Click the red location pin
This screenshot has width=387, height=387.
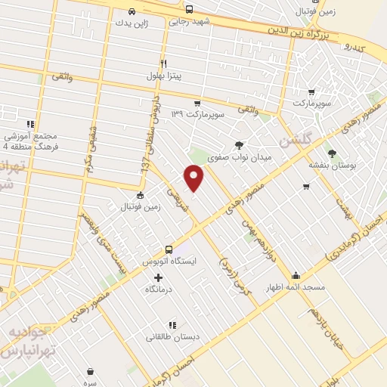click(x=194, y=177)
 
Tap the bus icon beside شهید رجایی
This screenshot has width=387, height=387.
click(x=189, y=10)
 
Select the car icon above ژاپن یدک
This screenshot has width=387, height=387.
click(x=132, y=11)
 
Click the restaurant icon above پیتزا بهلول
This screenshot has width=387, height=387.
click(x=163, y=63)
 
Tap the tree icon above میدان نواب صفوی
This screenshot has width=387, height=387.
click(x=239, y=145)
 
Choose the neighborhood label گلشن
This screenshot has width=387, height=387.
click(x=294, y=140)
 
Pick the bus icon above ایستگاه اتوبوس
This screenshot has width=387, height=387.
click(x=169, y=249)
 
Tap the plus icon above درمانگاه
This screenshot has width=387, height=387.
click(x=158, y=277)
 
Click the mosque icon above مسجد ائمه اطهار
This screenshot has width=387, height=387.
click(x=295, y=276)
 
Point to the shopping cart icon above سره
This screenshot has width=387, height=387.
click(x=91, y=371)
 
